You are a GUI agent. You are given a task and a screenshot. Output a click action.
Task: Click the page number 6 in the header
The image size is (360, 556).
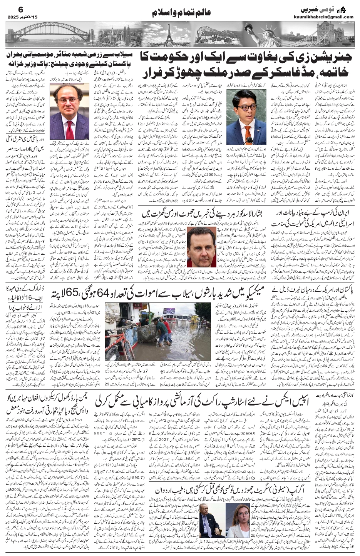coord(11,9)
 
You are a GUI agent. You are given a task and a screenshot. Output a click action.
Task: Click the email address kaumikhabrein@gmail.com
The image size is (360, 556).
coord(328,17)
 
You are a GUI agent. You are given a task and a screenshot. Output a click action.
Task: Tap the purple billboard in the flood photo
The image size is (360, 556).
coord(169,311)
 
